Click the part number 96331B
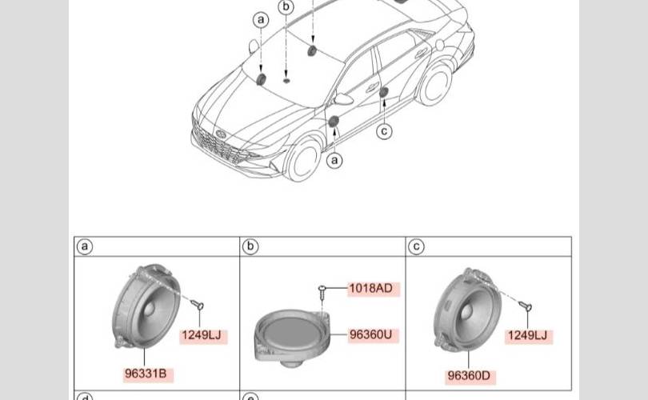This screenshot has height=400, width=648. (146, 374)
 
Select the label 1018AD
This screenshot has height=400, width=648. (370, 288)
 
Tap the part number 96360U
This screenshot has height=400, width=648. (370, 334)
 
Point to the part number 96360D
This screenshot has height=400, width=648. (469, 376)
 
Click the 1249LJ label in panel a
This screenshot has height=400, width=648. (202, 334)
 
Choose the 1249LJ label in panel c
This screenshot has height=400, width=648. (527, 335)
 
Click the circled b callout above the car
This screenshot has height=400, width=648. (286, 7)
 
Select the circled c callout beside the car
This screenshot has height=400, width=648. (384, 131)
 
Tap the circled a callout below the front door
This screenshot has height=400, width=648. (334, 160)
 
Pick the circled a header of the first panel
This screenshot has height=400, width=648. (85, 246)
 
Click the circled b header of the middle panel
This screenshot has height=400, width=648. (250, 246)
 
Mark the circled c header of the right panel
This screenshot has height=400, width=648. (416, 246)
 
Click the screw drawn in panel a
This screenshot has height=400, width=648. (197, 305)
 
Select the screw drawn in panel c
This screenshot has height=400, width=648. (526, 306)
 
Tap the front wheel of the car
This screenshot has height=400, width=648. (304, 159)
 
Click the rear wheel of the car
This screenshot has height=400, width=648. (435, 85)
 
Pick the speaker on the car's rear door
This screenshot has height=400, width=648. (384, 92)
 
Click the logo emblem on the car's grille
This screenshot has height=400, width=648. (221, 134)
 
